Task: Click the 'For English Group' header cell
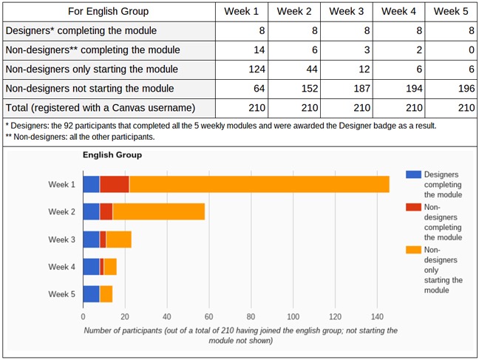pyautogui.click(x=109, y=11)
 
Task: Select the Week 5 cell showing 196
pyautogui.click(x=450, y=89)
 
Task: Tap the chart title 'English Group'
pyautogui.click(x=112, y=155)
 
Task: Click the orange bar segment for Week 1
pyautogui.click(x=259, y=184)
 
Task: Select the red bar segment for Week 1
pyautogui.click(x=115, y=184)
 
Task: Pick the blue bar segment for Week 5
pyautogui.click(x=91, y=293)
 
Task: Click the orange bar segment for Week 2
pyautogui.click(x=159, y=211)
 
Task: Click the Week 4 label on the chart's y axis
pyautogui.click(x=61, y=266)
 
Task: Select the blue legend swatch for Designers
pyautogui.click(x=413, y=175)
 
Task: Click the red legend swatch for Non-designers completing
pyautogui.click(x=413, y=207)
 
